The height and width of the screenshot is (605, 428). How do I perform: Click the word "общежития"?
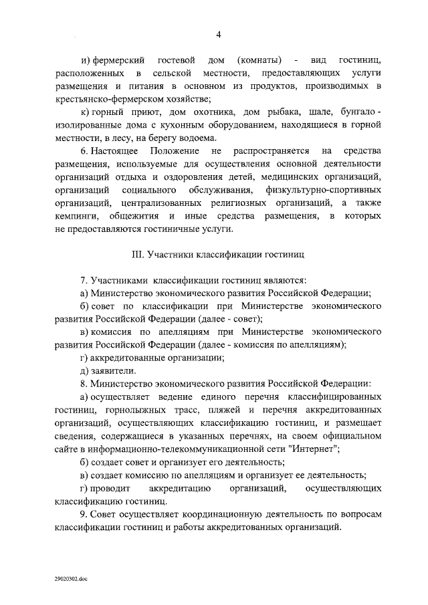coord(135,217)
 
